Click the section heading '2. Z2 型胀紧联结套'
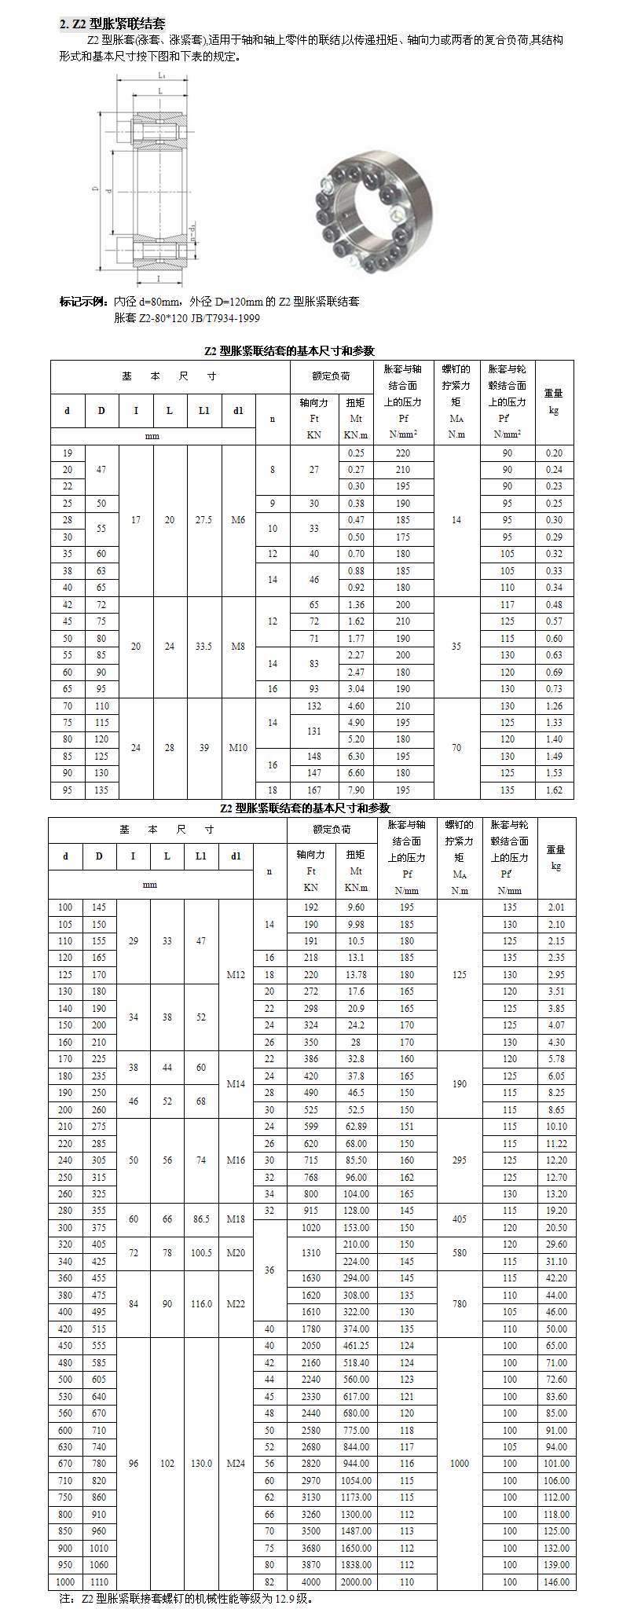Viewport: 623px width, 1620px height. pyautogui.click(x=112, y=24)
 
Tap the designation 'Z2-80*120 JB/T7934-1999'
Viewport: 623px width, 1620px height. pyautogui.click(x=187, y=318)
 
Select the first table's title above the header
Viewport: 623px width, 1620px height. pyautogui.click(x=289, y=351)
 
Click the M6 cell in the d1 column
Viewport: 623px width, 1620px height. pyautogui.click(x=238, y=520)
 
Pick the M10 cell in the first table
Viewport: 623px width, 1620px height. pyautogui.click(x=238, y=748)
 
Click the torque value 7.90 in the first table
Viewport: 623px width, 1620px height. pyautogui.click(x=356, y=790)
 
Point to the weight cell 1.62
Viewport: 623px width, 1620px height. pyautogui.click(x=554, y=790)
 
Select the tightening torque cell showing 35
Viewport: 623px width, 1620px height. pyautogui.click(x=456, y=647)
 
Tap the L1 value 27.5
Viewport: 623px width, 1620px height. pyautogui.click(x=203, y=520)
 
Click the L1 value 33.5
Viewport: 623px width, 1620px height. pyautogui.click(x=203, y=647)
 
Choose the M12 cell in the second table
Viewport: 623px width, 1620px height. pyautogui.click(x=236, y=975)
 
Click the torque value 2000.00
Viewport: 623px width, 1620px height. pyautogui.click(x=356, y=1582)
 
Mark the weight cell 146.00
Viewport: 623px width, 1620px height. pyautogui.click(x=556, y=1582)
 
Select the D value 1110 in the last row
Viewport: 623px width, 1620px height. pyautogui.click(x=99, y=1582)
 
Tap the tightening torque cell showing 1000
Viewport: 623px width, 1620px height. pyautogui.click(x=460, y=1464)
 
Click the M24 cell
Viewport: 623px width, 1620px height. pyautogui.click(x=236, y=1464)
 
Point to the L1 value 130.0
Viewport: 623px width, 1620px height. pyautogui.click(x=201, y=1464)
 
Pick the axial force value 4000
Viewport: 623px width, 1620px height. pyautogui.click(x=311, y=1582)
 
